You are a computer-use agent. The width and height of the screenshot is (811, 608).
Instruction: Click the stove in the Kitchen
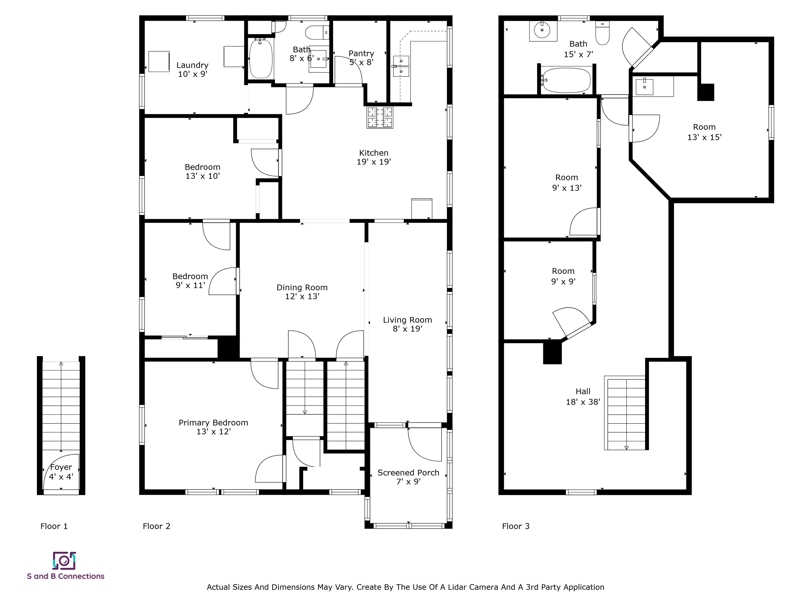point(380,117)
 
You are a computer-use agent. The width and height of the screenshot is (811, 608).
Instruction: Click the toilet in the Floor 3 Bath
point(602,33)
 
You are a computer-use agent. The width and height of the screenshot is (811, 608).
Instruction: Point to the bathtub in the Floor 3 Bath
point(567,80)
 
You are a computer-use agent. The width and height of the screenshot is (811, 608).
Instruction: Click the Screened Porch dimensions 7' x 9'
point(408,482)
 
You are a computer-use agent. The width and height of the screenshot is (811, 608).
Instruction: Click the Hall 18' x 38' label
point(583,397)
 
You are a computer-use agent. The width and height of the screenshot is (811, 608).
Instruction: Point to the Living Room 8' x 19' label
point(407,324)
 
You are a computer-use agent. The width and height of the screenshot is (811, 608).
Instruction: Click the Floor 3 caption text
point(516,526)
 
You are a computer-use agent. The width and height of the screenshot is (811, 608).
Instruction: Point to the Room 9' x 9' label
point(563,276)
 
